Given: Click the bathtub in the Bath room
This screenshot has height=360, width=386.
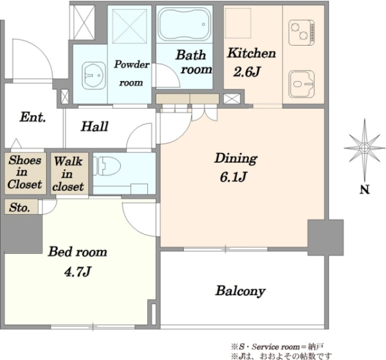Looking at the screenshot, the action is [x=184, y=24].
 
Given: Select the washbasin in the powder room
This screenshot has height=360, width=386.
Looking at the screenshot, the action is [x=93, y=75].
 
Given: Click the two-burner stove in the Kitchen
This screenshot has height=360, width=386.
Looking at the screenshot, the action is [x=302, y=33].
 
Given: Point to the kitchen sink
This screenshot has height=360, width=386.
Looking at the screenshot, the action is [x=302, y=84].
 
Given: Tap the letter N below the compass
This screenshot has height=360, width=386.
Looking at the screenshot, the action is [x=365, y=190].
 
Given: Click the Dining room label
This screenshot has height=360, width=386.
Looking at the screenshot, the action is [x=236, y=158].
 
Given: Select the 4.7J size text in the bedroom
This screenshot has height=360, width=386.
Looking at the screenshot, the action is [x=78, y=271].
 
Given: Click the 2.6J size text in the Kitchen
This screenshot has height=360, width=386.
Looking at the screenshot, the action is [x=246, y=72].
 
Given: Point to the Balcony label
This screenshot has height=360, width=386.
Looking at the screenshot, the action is [x=240, y=291].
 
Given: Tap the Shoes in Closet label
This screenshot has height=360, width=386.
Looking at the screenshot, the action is [x=24, y=172].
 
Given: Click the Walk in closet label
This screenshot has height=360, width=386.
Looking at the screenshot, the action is [x=68, y=174].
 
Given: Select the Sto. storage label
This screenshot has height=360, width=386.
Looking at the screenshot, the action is [x=20, y=208].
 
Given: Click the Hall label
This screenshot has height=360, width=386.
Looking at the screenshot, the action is [x=95, y=126].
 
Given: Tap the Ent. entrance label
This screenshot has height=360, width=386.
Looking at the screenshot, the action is [x=33, y=117].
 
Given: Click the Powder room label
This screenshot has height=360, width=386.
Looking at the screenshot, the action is [x=132, y=73].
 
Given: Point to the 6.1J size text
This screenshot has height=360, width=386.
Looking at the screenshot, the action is [x=233, y=177].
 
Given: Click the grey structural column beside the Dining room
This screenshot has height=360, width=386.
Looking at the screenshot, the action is [x=326, y=237].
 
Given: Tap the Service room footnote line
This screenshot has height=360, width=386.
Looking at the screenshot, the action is [x=277, y=347].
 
